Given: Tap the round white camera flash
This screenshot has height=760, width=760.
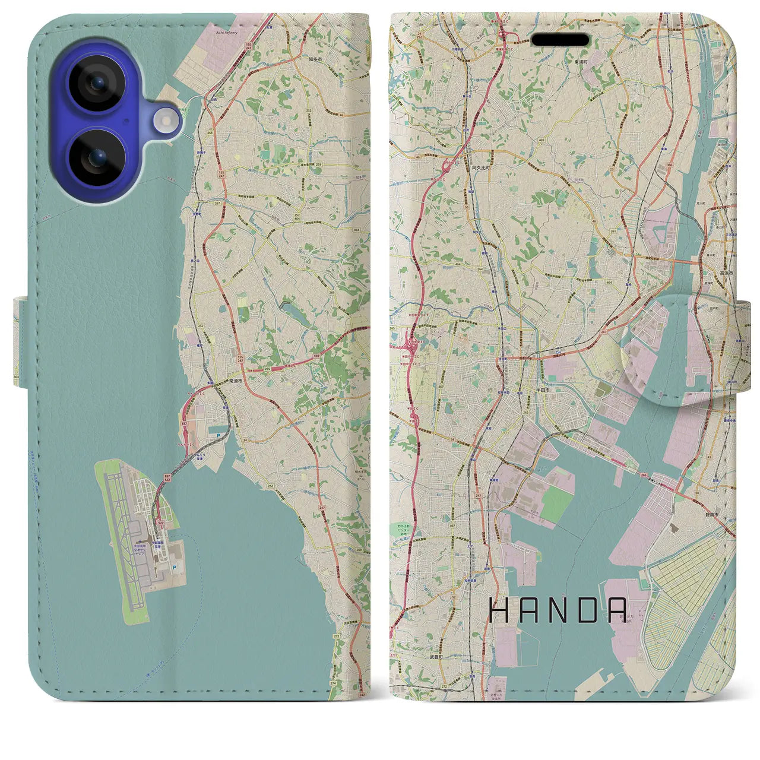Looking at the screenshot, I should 167,122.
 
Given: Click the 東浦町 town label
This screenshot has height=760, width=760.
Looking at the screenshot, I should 565,62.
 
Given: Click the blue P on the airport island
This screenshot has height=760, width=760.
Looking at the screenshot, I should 173,567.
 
